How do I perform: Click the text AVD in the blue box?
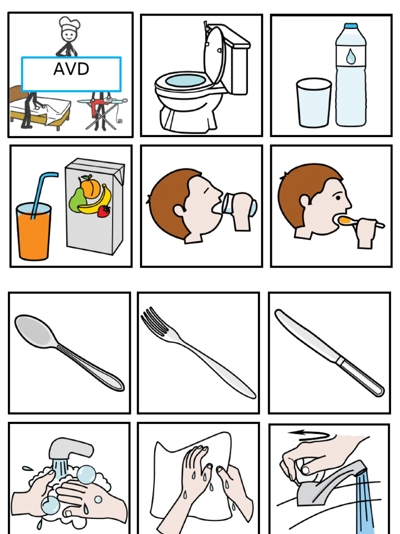[71, 69]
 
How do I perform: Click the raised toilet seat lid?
[214, 54]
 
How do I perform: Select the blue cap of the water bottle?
[351, 26]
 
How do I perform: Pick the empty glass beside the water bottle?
[314, 103]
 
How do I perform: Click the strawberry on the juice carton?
[104, 211]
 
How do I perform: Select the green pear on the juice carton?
[77, 201]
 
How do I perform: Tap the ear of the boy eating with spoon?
[304, 201]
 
